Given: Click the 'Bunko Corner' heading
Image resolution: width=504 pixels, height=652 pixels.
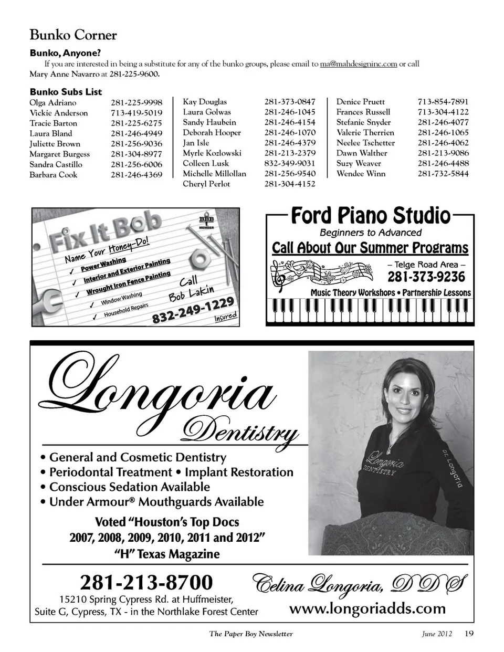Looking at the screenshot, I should (73, 35).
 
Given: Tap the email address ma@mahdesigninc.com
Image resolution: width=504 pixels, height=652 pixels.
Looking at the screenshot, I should (358, 64).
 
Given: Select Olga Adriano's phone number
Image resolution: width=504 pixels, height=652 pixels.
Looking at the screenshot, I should (136, 103).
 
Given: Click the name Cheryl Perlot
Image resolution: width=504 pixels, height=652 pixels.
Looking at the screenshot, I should (206, 184).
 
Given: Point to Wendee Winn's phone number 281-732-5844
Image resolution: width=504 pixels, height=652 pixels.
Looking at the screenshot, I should (443, 174).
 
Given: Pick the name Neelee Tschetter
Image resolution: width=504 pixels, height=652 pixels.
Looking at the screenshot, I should (365, 143).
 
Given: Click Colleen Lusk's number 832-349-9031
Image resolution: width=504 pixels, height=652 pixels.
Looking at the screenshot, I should (290, 163).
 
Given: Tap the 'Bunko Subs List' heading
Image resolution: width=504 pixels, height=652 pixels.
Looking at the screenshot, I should (66, 92).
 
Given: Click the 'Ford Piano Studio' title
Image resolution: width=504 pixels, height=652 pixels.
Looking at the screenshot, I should (370, 215).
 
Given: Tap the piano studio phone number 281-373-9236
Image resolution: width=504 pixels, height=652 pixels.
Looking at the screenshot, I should (426, 277).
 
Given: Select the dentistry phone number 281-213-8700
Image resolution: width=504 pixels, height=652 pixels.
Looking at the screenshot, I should (146, 582).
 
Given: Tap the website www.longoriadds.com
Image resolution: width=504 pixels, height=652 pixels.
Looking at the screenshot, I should (367, 608).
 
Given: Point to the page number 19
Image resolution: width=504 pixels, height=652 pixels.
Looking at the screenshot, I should (469, 633).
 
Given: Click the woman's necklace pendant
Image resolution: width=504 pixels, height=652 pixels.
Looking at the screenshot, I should (389, 449).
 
